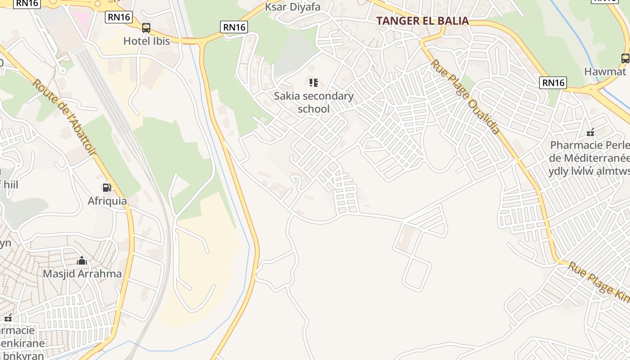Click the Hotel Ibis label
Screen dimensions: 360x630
pos(147,41)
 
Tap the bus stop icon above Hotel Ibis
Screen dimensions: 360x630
pos(146,28)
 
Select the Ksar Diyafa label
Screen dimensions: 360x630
pos(292,7)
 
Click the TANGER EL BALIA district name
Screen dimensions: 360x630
pos(423,21)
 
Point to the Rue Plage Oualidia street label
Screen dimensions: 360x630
pos(465,97)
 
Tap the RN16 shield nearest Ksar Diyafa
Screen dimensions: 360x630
pos(234,27)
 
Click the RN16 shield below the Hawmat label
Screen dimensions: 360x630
pos(553,82)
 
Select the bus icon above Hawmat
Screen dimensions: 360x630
pos(625,58)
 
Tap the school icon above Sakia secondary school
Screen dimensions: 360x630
pos(314,83)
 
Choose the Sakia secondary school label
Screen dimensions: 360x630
pos(314,103)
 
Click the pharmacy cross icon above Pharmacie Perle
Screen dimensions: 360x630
pos(590,132)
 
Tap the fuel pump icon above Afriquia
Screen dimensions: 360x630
pos(107,188)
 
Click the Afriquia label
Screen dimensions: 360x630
pos(107,201)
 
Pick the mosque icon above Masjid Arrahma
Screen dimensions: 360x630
pos(82,261)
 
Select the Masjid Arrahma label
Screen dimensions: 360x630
pos(82,274)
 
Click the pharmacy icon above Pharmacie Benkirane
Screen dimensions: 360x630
pos(8,318)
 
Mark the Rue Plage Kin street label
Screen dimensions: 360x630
pos(598,280)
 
